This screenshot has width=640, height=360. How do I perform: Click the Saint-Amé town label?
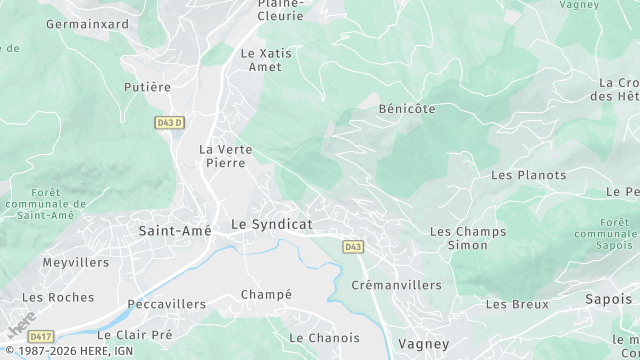(x=174, y=230)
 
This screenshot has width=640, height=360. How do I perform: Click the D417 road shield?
(x=40, y=336)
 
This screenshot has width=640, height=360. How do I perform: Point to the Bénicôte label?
(x=407, y=108)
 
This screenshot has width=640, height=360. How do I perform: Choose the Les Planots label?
(x=528, y=175)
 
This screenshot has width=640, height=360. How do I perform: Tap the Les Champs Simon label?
(x=467, y=238)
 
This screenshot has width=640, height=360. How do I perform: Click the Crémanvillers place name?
(x=396, y=285)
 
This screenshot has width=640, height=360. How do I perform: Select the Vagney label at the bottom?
(x=417, y=343)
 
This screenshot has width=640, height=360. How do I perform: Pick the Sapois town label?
(x=608, y=298)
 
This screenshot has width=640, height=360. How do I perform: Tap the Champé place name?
(x=266, y=294)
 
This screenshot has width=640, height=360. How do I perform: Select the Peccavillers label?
(x=166, y=303)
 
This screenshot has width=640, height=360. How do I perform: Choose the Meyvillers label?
(x=75, y=262)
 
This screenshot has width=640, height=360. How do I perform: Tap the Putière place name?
(x=147, y=87)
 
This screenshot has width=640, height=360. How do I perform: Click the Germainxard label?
(x=87, y=23)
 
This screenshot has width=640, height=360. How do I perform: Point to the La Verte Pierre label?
(x=226, y=155)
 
